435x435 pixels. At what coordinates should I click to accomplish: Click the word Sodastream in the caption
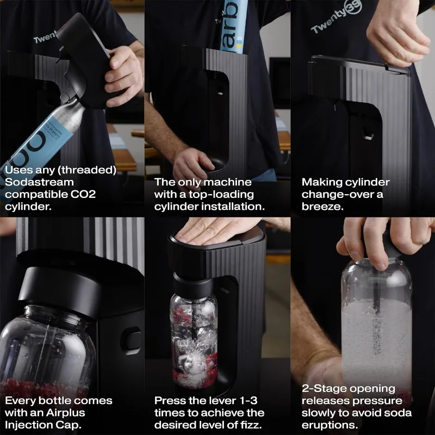pyautogui.click(x=39, y=182)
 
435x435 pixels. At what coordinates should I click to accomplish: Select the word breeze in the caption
pyautogui.click(x=321, y=207)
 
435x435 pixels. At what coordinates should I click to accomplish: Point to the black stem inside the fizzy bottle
pyautogui.click(x=377, y=321)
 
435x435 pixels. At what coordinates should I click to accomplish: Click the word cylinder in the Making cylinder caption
pyautogui.click(x=370, y=182)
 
